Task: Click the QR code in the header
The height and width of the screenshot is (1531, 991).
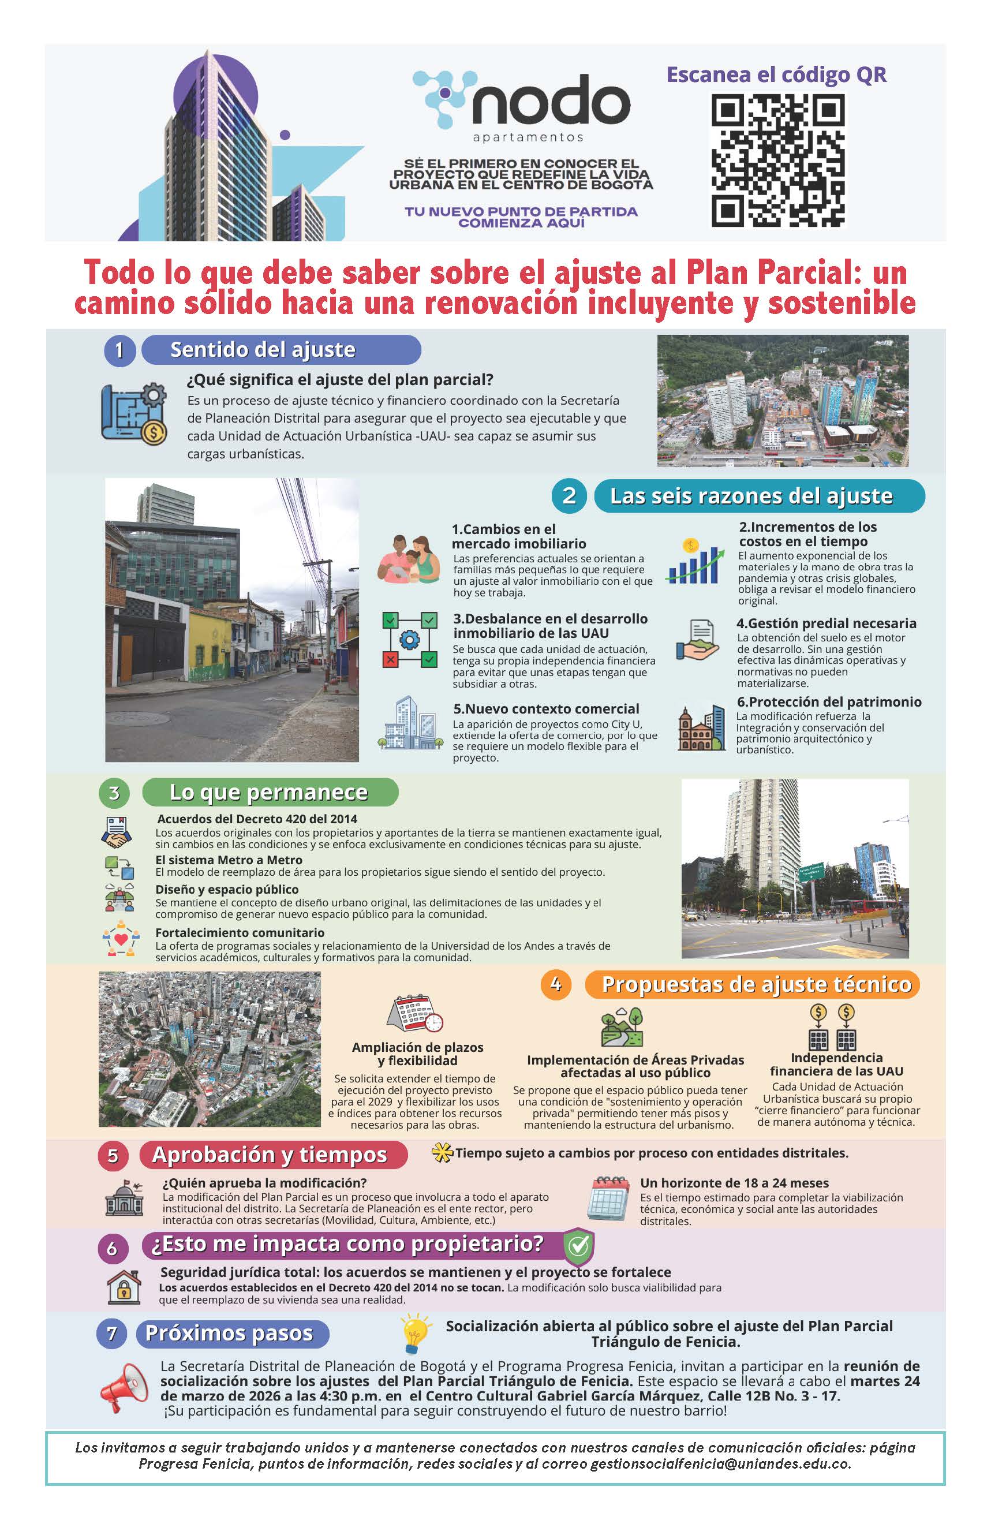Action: [777, 160]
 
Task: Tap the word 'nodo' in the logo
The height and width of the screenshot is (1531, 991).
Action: [551, 102]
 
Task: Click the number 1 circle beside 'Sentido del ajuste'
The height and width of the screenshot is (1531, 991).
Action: [119, 350]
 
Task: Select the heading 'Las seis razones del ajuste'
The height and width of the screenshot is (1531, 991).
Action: [751, 496]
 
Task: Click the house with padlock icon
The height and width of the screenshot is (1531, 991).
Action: [124, 1287]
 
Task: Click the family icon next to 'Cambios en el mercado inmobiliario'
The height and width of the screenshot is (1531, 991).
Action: [409, 559]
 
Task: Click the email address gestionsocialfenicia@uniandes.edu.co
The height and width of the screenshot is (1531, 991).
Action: [720, 1464]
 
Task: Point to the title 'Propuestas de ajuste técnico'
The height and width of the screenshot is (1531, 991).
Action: [756, 985]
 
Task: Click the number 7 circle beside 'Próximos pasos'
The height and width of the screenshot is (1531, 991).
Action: [112, 1334]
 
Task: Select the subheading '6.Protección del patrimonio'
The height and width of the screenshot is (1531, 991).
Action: [828, 702]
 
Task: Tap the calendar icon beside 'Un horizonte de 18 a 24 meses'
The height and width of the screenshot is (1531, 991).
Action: [608, 1198]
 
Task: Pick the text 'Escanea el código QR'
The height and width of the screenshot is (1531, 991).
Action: [776, 74]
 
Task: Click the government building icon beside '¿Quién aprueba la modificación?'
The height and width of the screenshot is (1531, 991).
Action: [124, 1198]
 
